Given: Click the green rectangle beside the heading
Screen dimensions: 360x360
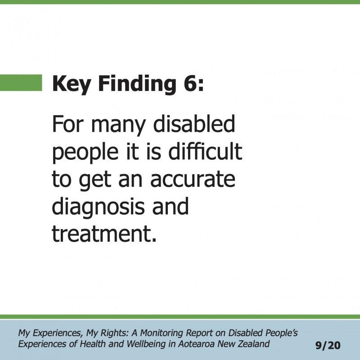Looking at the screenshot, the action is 21,83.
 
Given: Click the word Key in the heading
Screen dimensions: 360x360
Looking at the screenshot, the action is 71,84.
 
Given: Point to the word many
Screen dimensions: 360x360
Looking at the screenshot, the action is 118,126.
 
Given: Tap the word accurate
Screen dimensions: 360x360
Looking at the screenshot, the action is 193,179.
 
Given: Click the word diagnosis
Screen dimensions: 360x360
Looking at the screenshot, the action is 98,207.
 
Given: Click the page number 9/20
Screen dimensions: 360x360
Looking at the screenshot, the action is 328,345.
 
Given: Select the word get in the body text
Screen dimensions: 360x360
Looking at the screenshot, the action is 95,181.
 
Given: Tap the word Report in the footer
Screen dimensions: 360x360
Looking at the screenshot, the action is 199,333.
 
